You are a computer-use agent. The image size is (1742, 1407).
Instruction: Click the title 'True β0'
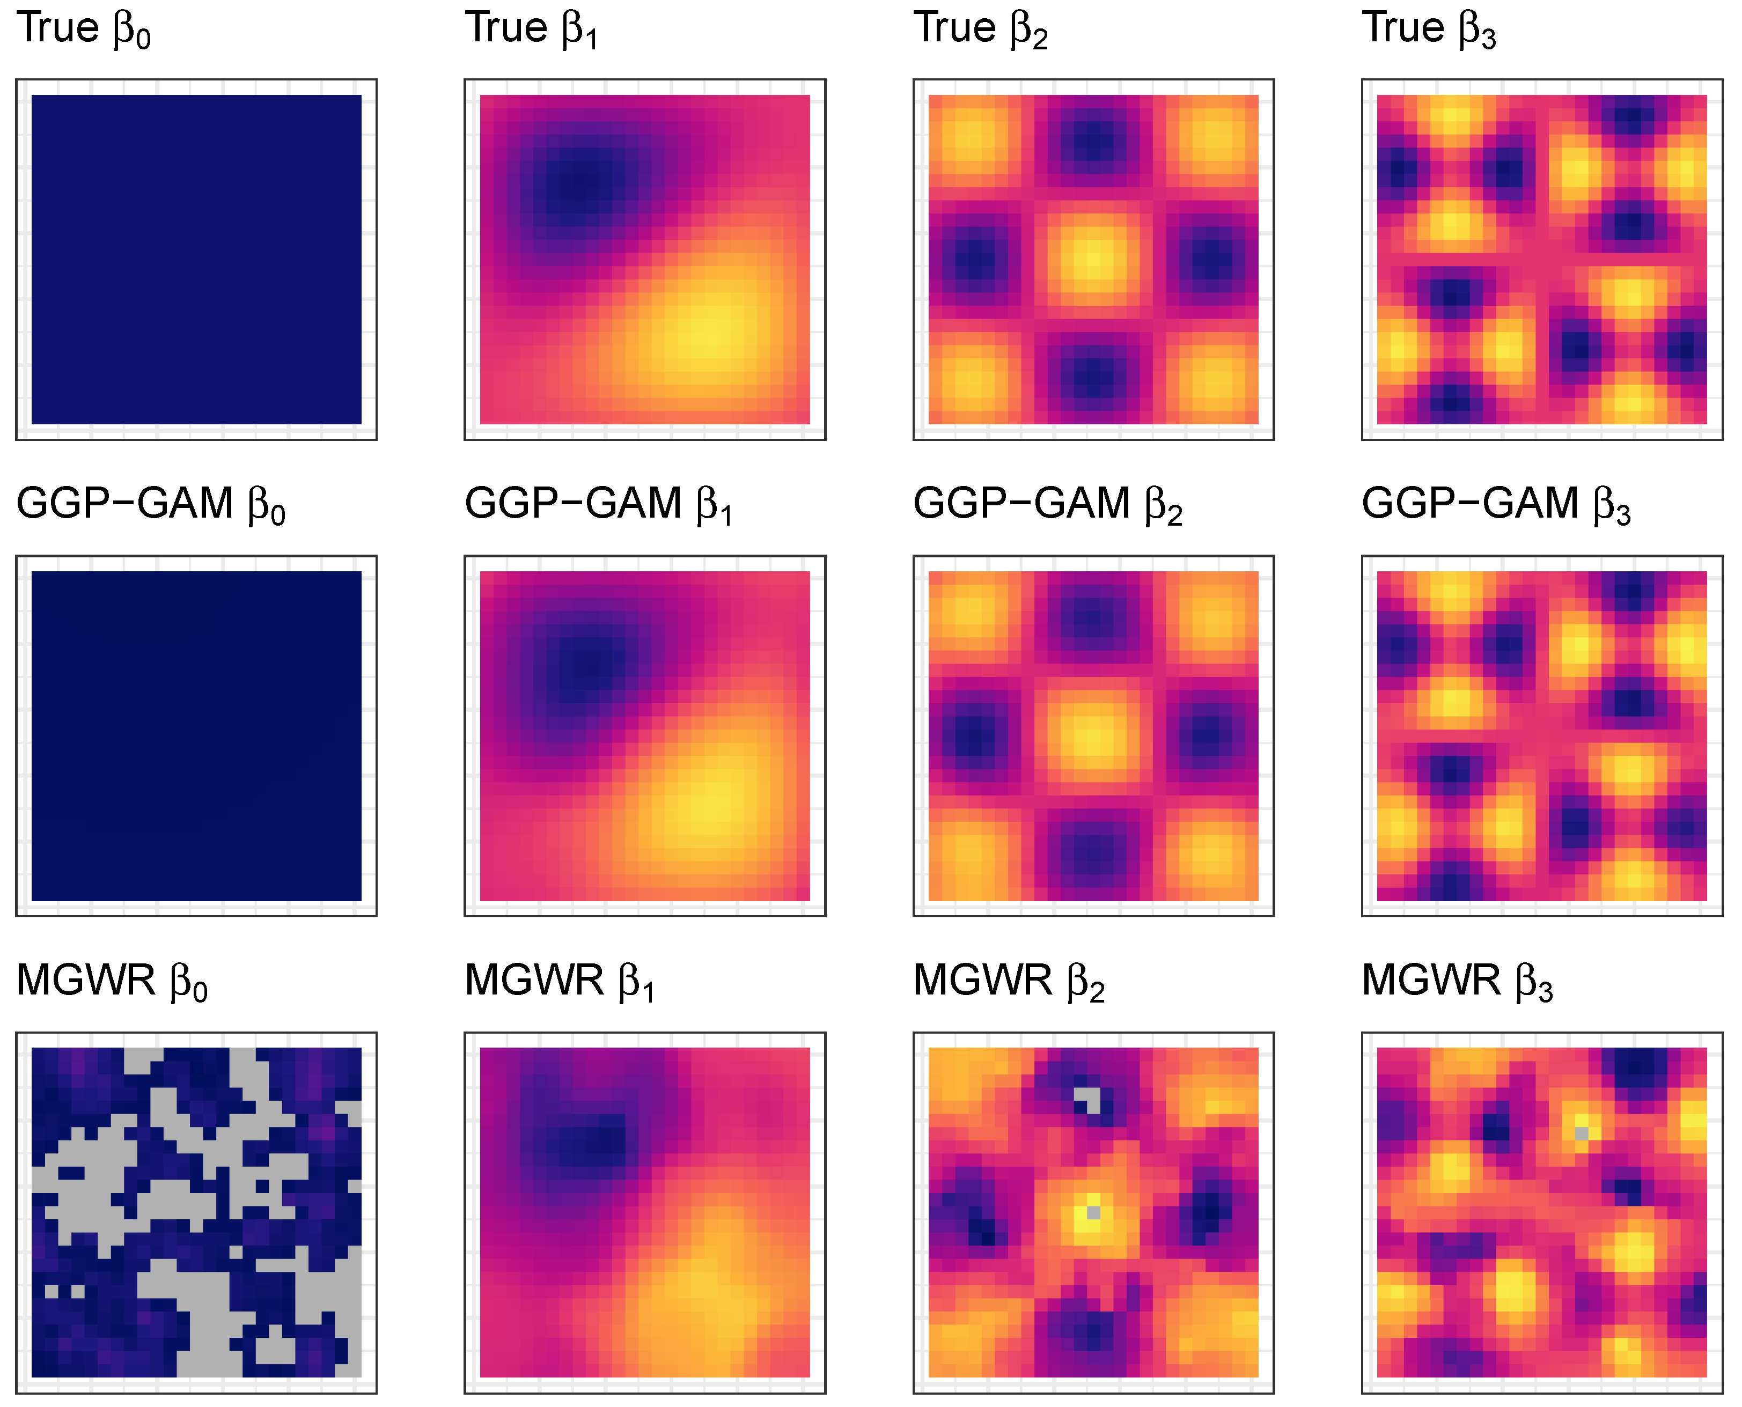pos(84,28)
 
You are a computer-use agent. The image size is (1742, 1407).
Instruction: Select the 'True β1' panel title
pos(532,28)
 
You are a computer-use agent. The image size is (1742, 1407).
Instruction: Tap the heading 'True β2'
pos(981,28)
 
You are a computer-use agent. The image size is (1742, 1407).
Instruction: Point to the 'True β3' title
pos(1429,28)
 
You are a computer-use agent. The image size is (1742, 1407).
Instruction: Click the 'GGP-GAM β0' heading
pos(151,504)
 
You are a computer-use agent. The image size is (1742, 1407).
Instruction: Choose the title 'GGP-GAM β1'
pos(599,504)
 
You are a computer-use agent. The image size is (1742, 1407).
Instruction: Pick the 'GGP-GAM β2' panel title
pos(1048,504)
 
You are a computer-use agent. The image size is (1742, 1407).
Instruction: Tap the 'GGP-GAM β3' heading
pos(1496,504)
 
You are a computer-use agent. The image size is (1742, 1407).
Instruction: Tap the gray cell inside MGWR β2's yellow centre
pos(1093,1212)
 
